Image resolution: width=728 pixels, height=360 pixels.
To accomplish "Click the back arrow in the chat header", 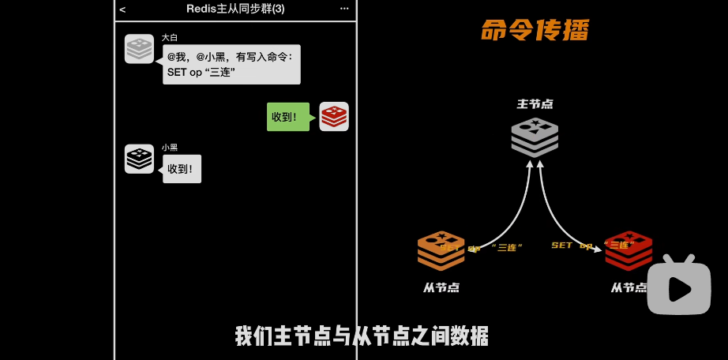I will pos(122,9).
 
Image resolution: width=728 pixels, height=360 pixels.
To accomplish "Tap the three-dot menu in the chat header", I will pos(344,9).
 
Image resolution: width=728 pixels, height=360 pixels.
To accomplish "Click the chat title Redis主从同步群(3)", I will pos(235,9).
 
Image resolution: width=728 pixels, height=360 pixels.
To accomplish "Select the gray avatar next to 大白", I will pos(139,49).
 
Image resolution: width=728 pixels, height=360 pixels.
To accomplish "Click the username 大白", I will pos(170,37).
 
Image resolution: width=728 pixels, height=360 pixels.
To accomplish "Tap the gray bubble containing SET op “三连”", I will pos(231,65).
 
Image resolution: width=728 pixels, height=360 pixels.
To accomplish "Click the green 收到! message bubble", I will pos(287,117).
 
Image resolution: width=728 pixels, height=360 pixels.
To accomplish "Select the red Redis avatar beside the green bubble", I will pos(334,117).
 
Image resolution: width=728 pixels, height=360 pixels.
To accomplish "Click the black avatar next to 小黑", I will pos(139,159).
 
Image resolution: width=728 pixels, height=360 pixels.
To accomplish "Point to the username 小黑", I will pos(170,148).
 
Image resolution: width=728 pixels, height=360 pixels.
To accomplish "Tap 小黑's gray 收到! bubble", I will pos(182,169).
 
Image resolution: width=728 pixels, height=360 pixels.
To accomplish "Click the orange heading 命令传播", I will pos(535,31).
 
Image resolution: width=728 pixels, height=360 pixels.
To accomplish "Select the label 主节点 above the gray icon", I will pos(535,103).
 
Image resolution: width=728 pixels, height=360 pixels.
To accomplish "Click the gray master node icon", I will pos(535,136).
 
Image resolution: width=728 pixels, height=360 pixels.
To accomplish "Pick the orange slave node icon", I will pos(441,249).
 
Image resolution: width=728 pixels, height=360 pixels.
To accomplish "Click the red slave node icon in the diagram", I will pos(629,249).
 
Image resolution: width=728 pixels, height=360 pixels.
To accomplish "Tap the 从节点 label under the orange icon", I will pos(441,287).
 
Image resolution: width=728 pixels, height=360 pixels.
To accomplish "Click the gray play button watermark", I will pos(678,287).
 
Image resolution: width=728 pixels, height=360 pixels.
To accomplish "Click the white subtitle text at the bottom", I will pos(362,336).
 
